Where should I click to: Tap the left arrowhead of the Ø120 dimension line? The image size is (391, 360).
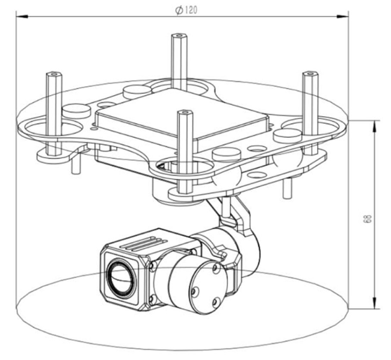coord(19,16)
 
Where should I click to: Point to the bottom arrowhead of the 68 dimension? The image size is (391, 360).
coord(375,307)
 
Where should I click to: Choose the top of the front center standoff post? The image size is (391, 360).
coord(183,113)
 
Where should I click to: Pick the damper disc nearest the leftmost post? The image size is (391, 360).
coord(76,111)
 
